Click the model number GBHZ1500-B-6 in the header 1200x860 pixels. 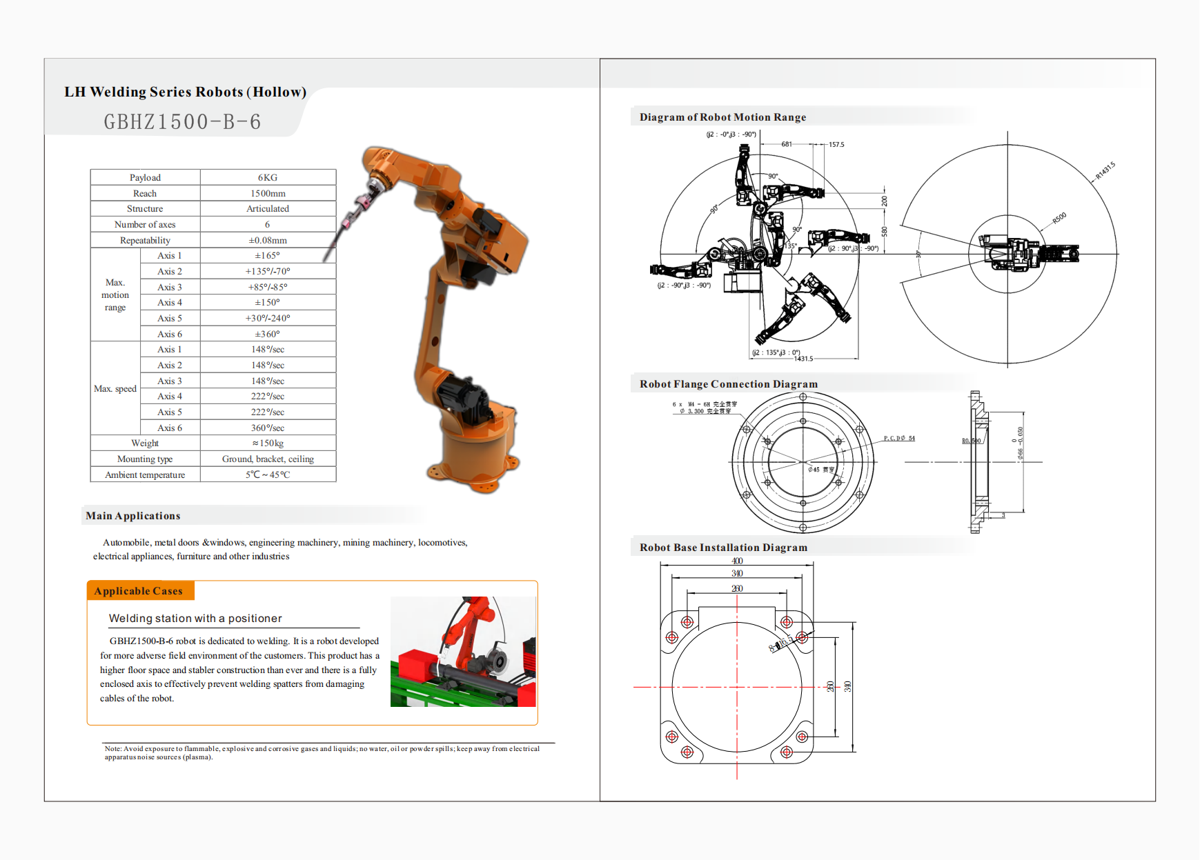point(183,122)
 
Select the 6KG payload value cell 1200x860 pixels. point(268,178)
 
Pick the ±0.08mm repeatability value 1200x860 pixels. point(268,241)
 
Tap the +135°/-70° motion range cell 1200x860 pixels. point(268,272)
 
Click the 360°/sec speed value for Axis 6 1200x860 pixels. point(268,428)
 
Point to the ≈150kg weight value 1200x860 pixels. point(268,443)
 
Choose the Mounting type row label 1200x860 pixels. point(145,459)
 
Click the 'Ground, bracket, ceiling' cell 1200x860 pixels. point(268,459)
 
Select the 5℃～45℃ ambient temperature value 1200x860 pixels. point(268,475)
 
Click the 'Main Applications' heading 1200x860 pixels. point(133,516)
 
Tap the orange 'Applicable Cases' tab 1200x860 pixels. point(139,591)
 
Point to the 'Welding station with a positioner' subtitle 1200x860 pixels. point(195,619)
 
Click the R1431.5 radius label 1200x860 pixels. point(1105,170)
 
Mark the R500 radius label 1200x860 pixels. point(1059,219)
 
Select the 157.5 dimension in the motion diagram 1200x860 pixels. point(836,145)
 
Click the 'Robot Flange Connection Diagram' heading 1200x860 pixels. point(728,384)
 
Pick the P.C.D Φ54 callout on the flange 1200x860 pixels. point(899,439)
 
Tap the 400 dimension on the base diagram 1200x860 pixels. point(737,561)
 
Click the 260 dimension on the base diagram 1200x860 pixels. point(737,589)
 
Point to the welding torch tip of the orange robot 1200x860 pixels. point(325,260)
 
